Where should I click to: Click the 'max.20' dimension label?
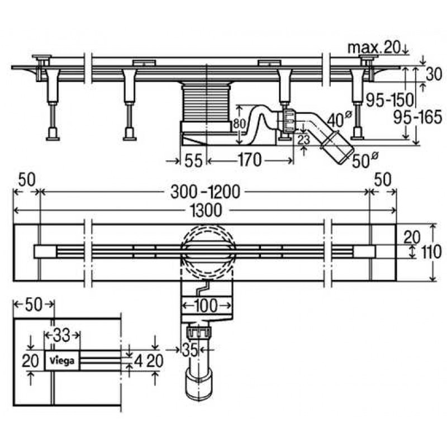[x=374, y=48]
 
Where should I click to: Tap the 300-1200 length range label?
[x=205, y=192]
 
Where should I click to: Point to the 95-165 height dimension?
[x=417, y=117]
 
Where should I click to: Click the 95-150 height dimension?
[x=389, y=100]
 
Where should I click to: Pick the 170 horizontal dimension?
[x=249, y=160]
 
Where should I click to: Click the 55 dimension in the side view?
[x=193, y=160]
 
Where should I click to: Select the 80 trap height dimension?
[x=239, y=124]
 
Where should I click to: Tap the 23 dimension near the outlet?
[x=303, y=140]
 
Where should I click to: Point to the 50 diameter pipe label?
[x=365, y=160]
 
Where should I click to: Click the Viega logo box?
[x=62, y=360]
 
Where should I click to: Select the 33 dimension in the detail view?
[x=61, y=336]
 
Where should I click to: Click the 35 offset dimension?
[x=190, y=350]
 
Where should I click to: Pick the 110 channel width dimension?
[x=431, y=253]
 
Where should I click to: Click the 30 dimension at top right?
[x=434, y=74]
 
